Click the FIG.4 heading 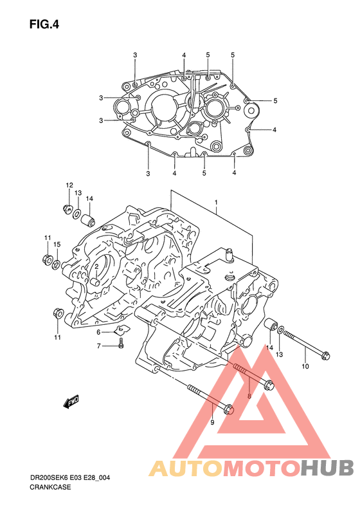[x=44, y=24]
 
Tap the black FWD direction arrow [x=71, y=402]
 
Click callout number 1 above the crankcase [x=216, y=203]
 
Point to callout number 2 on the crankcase [x=96, y=266]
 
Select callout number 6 [x=98, y=332]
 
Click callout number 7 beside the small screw [x=99, y=346]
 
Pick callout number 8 [x=249, y=396]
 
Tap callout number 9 [x=212, y=422]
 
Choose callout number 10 [x=305, y=367]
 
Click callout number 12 [x=69, y=185]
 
